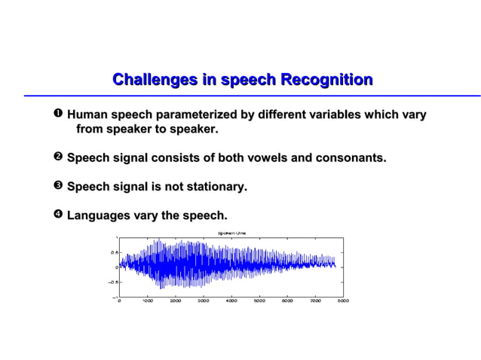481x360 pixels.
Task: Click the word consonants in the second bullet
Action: [351, 158]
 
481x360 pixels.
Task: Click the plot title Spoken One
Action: [231, 233]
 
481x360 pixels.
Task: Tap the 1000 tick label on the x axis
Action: [148, 301]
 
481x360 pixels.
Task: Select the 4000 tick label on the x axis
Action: [231, 301]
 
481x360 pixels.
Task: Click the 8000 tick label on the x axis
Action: [343, 301]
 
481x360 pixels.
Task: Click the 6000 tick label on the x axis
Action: [287, 301]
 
